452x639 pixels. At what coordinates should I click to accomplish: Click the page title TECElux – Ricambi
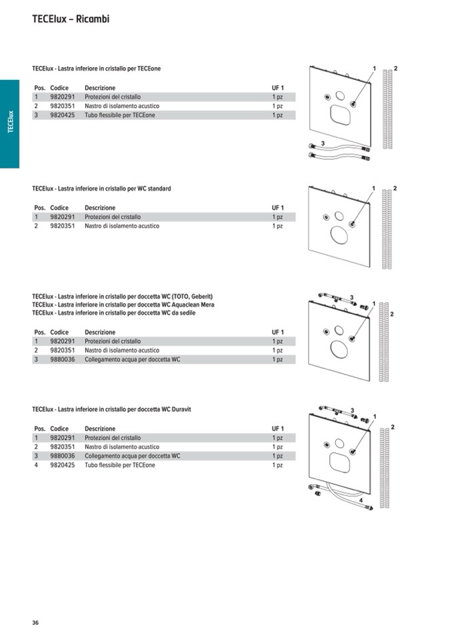click(x=70, y=19)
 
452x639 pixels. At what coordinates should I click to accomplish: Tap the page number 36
click(x=35, y=622)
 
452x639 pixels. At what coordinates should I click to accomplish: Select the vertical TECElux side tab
click(x=10, y=123)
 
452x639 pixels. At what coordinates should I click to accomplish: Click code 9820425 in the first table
click(x=63, y=115)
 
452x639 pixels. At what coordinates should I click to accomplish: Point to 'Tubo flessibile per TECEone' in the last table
click(x=120, y=465)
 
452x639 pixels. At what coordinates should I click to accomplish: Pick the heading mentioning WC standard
click(x=101, y=189)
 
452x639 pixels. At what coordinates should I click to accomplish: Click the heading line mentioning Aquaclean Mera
click(x=123, y=305)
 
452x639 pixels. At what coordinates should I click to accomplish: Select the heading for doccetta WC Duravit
click(x=111, y=409)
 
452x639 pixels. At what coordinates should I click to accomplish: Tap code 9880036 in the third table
click(x=63, y=359)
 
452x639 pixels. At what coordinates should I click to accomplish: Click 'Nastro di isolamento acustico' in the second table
click(x=122, y=226)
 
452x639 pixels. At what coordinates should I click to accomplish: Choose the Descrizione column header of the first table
click(x=100, y=88)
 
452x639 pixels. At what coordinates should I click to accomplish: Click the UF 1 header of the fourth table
click(x=277, y=428)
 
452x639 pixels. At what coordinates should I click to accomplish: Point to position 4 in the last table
click(x=36, y=465)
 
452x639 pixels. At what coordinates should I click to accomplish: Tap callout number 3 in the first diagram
click(x=323, y=144)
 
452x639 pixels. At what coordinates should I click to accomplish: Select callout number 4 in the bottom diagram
click(x=361, y=500)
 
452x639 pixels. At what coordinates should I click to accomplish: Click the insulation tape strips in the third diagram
click(x=384, y=343)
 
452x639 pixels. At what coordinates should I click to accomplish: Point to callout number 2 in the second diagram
click(x=395, y=189)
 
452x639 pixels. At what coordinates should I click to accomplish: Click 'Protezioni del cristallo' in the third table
click(x=113, y=341)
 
